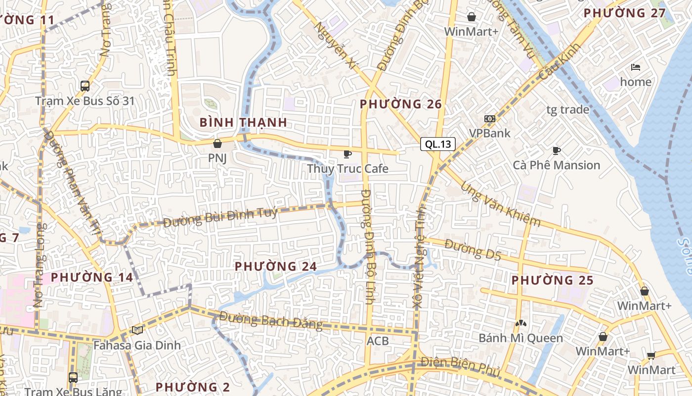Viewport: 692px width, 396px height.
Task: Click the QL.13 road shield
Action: [438, 144]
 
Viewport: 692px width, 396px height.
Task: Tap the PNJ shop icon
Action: [217, 144]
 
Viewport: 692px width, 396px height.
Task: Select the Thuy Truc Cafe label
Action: [347, 169]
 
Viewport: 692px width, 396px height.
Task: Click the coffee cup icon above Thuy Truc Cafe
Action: [347, 154]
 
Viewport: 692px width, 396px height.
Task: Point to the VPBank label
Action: [490, 133]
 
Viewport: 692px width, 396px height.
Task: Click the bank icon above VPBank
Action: [490, 119]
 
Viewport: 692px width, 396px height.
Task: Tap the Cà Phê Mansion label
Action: [557, 165]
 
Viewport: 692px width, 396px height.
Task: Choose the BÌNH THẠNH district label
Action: [243, 122]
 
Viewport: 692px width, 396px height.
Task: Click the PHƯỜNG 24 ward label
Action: [275, 266]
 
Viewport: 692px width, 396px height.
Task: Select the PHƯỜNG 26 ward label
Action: [401, 104]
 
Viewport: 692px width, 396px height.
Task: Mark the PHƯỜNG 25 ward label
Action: [552, 280]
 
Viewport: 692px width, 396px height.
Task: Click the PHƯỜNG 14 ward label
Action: [92, 277]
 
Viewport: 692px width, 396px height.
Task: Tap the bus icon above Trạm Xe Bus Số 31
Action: [85, 86]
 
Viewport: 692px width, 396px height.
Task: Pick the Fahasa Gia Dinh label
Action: [137, 345]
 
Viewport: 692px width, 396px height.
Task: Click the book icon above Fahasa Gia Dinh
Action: [137, 330]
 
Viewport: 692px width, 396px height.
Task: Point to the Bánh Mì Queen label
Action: [520, 339]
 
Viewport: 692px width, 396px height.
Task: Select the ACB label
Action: [378, 341]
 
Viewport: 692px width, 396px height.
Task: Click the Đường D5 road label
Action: [473, 249]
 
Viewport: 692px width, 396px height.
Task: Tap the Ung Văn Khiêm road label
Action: [500, 204]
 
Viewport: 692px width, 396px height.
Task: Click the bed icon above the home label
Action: [636, 67]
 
